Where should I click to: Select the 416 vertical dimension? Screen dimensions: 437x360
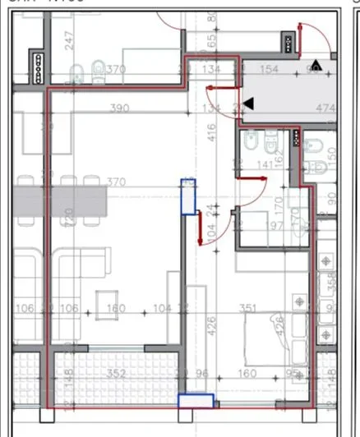pyautogui.click(x=210, y=129)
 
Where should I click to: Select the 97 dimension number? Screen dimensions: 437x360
pyautogui.click(x=273, y=226)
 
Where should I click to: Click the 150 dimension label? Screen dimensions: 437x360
pyautogui.click(x=331, y=154)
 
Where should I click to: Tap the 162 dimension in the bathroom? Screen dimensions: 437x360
pyautogui.click(x=279, y=159)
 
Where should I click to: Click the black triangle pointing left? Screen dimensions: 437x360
pyautogui.click(x=250, y=103)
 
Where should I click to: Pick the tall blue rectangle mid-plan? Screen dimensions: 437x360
pyautogui.click(x=189, y=197)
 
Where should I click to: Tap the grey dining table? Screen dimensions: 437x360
pyautogui.click(x=66, y=198)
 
